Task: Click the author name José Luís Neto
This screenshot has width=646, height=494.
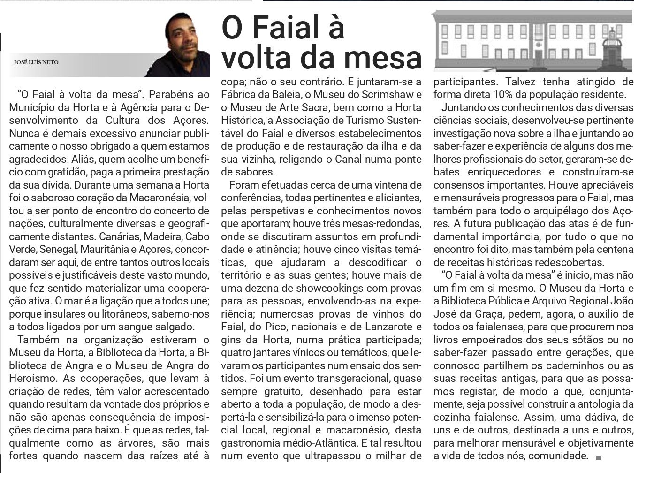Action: click(x=36, y=62)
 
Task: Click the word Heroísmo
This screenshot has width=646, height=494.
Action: click(x=32, y=378)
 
